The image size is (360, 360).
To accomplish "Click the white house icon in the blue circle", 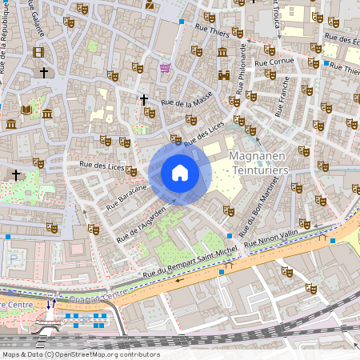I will pyautogui.click(x=180, y=173).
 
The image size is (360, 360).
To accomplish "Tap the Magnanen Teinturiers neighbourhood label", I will pyautogui.click(x=258, y=162).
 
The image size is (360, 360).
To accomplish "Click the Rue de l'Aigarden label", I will pyautogui.click(x=141, y=225).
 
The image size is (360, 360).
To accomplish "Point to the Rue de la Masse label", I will pyautogui.click(x=186, y=102).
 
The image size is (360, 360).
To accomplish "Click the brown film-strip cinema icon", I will pyautogui.click(x=39, y=53).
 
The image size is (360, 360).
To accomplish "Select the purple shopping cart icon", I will pyautogui.click(x=166, y=69).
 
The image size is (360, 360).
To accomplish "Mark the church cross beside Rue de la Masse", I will pyautogui.click(x=144, y=100).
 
